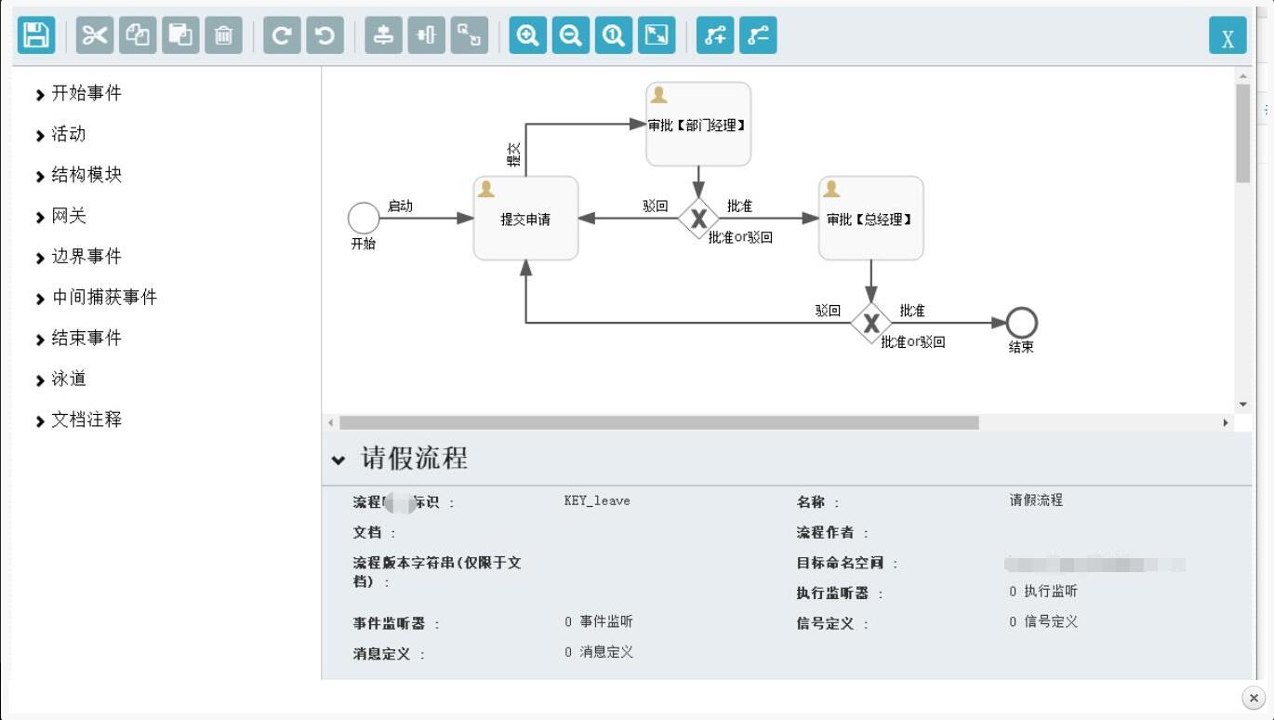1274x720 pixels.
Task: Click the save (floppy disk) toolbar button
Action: click(x=36, y=35)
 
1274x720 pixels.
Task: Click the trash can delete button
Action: click(x=223, y=35)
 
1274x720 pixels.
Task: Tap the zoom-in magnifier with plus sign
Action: click(x=527, y=35)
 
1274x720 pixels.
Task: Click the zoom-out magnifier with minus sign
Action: click(x=570, y=35)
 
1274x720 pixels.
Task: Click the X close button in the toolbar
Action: click(x=1228, y=36)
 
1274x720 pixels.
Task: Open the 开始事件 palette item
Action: click(x=86, y=93)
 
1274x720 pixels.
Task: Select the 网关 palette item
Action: click(x=68, y=216)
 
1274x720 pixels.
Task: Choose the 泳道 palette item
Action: click(x=68, y=379)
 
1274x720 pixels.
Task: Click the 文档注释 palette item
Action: click(x=86, y=420)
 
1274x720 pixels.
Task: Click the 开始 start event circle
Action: click(x=364, y=219)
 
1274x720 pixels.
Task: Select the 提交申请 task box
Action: click(x=525, y=219)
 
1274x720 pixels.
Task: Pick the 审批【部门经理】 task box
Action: click(x=698, y=125)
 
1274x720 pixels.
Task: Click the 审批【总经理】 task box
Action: click(x=870, y=219)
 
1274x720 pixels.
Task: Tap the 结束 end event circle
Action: click(x=1021, y=323)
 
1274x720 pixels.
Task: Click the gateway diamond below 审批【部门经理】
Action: click(x=698, y=219)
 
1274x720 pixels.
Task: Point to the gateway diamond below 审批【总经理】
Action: click(x=870, y=323)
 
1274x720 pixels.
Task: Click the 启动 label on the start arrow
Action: click(x=400, y=206)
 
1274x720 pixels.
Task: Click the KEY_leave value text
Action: click(x=597, y=500)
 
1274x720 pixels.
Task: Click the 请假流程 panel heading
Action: click(x=414, y=458)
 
